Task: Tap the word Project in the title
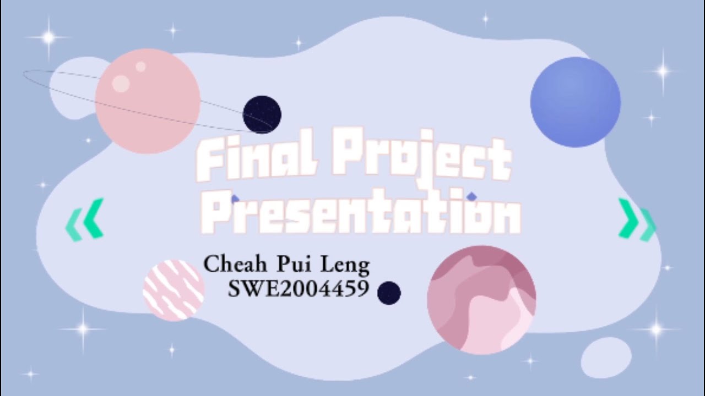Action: point(421,159)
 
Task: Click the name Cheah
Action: point(235,265)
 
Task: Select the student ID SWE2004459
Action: point(298,289)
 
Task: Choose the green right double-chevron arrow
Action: point(637,219)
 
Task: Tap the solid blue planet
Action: point(576,102)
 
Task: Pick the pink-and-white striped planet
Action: point(173,290)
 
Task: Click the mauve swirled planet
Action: point(481,300)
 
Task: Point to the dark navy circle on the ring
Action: point(262,114)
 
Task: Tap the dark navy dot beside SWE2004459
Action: point(389,293)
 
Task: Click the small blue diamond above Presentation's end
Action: point(471,196)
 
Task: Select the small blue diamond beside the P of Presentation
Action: point(235,199)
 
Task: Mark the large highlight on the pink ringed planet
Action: point(121,83)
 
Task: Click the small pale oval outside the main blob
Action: point(606,358)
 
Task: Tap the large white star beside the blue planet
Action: point(663,71)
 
